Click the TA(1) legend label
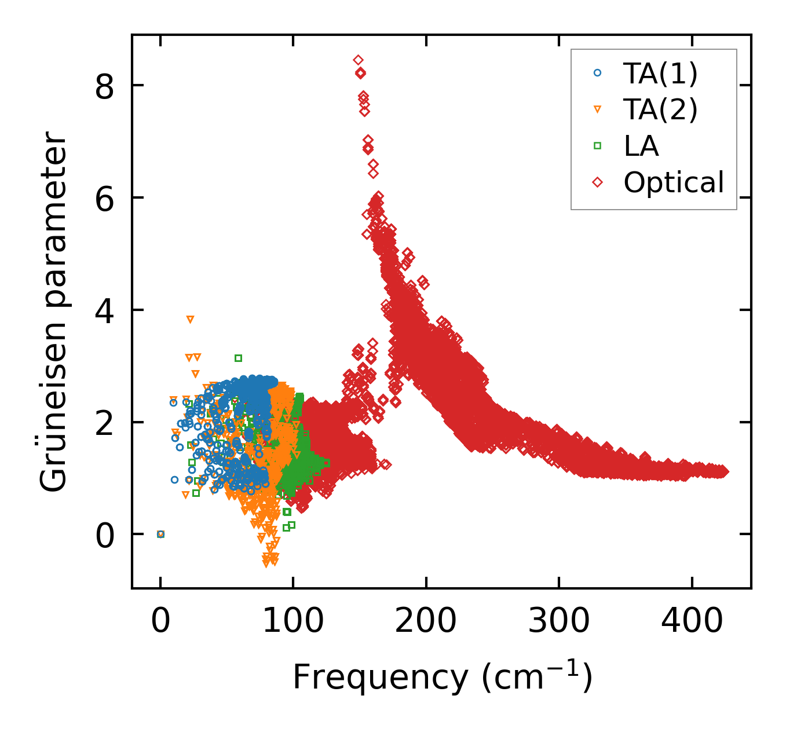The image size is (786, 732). click(x=660, y=73)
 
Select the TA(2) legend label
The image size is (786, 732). click(x=660, y=109)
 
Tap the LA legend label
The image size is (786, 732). click(x=641, y=146)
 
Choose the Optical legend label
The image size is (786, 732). click(x=674, y=182)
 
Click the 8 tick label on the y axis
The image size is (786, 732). click(x=104, y=86)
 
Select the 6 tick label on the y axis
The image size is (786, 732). click(x=104, y=198)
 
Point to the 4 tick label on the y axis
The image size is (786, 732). click(x=104, y=310)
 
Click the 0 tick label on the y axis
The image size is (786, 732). click(x=104, y=535)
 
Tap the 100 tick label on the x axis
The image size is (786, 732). click(x=293, y=621)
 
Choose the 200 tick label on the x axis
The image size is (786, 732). click(x=426, y=621)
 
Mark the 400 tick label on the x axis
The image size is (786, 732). click(x=692, y=621)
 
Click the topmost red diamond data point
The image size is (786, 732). click(x=358, y=60)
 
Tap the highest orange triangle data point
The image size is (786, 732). click(x=190, y=319)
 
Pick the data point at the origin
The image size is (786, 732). click(x=160, y=534)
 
